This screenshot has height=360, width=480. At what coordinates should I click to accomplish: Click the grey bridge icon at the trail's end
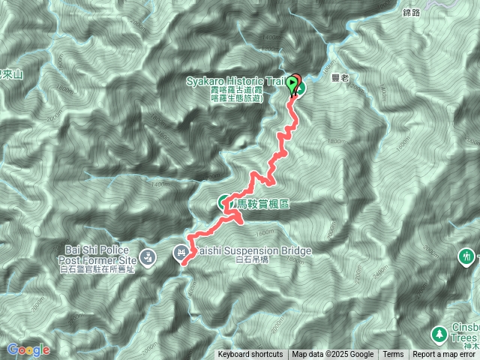[181, 253]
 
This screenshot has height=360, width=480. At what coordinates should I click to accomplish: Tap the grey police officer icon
[148, 256]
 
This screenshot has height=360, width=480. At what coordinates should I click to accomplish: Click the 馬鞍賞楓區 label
[263, 203]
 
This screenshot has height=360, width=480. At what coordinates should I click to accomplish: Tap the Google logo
[28, 349]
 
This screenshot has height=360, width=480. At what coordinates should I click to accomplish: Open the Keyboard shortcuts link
[250, 355]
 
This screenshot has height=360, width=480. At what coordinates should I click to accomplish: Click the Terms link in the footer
[393, 355]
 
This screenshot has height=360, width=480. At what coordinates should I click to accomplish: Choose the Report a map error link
[445, 355]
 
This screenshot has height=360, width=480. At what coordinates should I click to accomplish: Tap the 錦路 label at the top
[412, 12]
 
